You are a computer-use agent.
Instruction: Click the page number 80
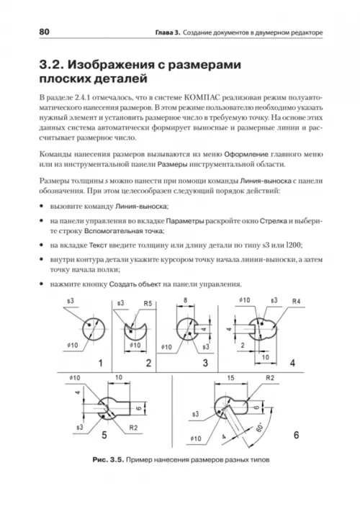[x=44, y=32]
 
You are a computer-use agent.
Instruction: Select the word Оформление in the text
[x=246, y=154]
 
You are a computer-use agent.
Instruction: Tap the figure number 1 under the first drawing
[x=100, y=363]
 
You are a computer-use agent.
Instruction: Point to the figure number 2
[x=148, y=363]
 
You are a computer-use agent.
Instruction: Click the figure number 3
[x=204, y=363]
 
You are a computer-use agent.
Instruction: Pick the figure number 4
[x=292, y=363]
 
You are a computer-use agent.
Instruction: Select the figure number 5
[x=104, y=435]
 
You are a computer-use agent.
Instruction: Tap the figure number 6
[x=296, y=435]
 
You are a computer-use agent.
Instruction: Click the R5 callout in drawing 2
[x=148, y=304]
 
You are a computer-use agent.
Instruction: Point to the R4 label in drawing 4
[x=296, y=301]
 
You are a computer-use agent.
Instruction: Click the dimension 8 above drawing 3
[x=185, y=300]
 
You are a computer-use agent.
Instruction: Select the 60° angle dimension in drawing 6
[x=260, y=427]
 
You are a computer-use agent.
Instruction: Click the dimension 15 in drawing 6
[x=230, y=378]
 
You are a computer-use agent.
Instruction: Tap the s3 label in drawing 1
[x=71, y=301]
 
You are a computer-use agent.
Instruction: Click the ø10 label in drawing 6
[x=196, y=438]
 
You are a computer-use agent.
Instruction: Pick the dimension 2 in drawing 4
[x=243, y=346]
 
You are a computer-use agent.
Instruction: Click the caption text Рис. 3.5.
[x=108, y=459]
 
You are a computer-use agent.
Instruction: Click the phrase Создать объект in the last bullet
[x=135, y=284]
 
